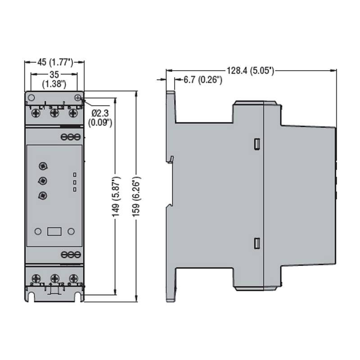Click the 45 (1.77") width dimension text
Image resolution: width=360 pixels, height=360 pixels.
coord(55,62)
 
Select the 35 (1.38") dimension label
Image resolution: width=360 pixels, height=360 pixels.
coord(54,79)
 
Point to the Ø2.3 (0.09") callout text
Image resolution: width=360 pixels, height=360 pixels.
coord(100,118)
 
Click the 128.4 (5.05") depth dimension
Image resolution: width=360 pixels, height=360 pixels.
coord(251,71)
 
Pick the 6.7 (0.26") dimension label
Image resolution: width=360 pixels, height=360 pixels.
coord(203,80)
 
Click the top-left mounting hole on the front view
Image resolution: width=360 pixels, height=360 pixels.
coord(31,98)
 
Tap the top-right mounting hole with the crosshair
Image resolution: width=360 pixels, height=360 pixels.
coord(78,98)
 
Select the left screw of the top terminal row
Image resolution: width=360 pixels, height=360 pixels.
coord(36,113)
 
